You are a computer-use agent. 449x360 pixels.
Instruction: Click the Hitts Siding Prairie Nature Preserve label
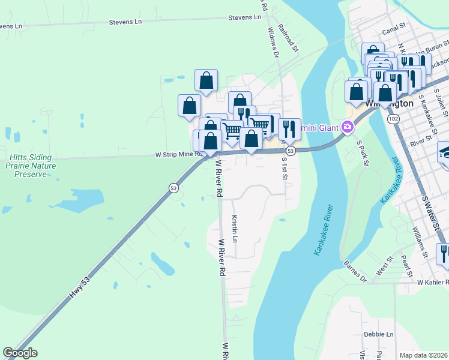point(31,166)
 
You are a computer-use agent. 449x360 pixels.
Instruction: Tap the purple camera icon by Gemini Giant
point(347,127)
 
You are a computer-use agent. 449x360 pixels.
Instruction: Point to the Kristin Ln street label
point(235,229)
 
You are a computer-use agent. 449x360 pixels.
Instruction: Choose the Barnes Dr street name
point(355,271)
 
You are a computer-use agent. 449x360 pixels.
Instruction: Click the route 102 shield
point(393,119)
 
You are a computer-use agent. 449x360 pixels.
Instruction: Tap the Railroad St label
point(291,38)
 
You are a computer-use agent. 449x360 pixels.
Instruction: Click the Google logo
point(20,352)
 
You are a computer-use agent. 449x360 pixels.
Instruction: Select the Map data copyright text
point(424,355)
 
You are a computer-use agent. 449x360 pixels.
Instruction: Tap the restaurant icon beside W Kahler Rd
point(443,253)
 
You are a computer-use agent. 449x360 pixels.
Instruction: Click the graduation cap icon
point(445,150)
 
